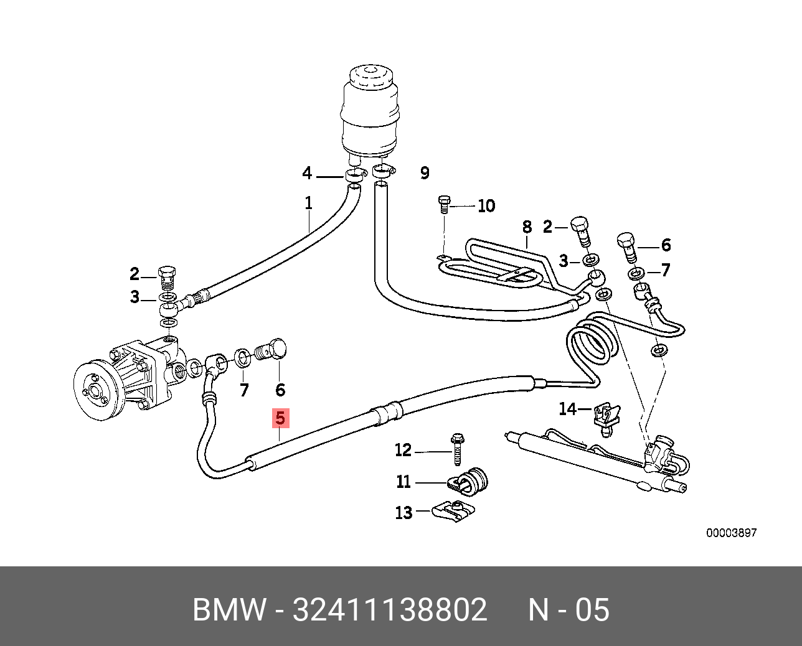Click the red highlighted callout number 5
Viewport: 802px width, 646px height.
tap(280, 418)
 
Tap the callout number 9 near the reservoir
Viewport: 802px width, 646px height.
tap(425, 173)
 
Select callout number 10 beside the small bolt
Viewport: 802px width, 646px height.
tap(486, 206)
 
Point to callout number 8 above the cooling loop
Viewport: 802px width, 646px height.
tap(527, 227)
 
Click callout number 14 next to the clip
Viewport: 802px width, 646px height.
tap(567, 409)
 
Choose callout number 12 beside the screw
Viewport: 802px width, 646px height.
tap(403, 450)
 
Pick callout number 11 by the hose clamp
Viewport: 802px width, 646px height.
tap(403, 482)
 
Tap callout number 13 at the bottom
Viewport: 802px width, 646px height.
tap(403, 512)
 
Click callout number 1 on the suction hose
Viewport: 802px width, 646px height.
tap(308, 203)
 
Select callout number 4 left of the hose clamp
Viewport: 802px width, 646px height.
tap(307, 173)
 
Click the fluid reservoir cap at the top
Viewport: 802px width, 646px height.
tap(370, 78)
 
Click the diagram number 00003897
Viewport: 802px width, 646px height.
tap(731, 533)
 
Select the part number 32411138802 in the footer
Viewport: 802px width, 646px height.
tap(390, 609)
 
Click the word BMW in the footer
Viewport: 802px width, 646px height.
tap(230, 609)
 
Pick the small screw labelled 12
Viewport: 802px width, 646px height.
tap(457, 449)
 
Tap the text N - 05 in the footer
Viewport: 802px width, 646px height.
tap(568, 609)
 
